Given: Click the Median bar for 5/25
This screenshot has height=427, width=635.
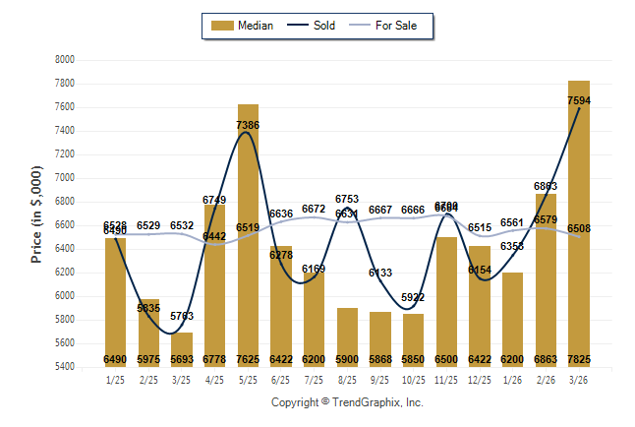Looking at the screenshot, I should pos(248,236).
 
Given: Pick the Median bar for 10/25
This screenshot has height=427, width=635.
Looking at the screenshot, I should pos(413,340).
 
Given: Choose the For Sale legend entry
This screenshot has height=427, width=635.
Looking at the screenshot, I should pos(390,26).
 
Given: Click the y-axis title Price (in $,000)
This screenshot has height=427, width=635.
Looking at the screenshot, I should pos(36,213).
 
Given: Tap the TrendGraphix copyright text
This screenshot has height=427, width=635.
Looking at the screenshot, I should pos(347,402).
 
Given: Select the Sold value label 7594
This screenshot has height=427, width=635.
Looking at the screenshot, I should pos(579,100).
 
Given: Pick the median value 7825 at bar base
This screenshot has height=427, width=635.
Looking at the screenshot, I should pos(578,360).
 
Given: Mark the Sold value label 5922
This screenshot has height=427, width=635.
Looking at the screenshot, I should pos(413,297).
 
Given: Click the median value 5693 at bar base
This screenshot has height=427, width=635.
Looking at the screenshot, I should pos(182,360).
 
